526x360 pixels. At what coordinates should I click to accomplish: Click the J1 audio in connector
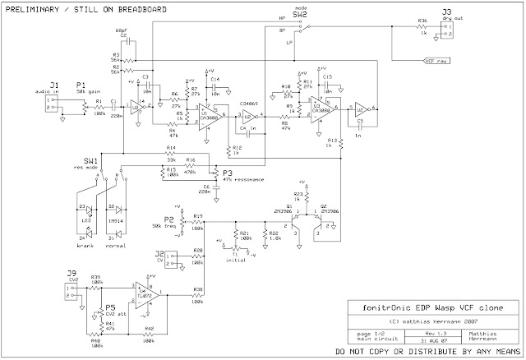[50, 104]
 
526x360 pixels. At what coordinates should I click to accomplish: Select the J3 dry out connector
[446, 30]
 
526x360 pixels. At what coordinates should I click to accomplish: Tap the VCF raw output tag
[436, 60]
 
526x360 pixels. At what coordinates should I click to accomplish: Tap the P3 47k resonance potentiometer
[217, 173]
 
